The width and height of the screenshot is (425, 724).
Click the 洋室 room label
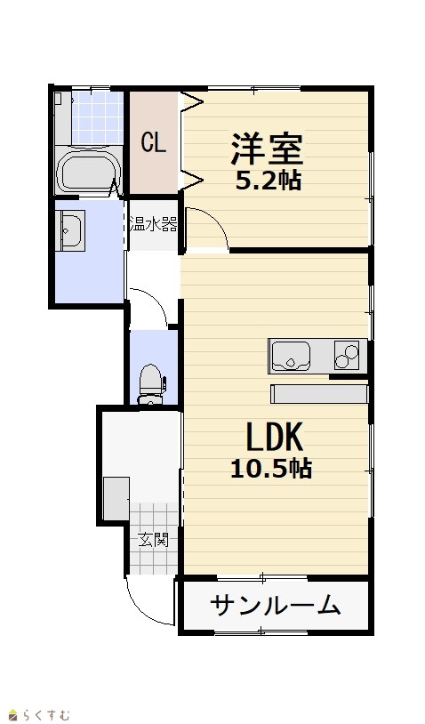(x=267, y=149)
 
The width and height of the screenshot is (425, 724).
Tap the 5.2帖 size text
(x=269, y=181)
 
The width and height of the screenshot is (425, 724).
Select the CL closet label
(x=153, y=142)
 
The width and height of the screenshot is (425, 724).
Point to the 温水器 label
(x=153, y=225)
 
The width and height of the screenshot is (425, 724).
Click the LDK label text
(x=275, y=437)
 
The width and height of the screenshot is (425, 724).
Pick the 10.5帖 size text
(x=271, y=468)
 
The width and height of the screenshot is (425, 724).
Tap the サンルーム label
(x=276, y=605)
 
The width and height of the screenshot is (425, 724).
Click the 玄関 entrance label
(x=153, y=539)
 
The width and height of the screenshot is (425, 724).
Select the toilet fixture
(x=152, y=383)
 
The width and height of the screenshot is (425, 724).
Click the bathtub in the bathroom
(x=88, y=173)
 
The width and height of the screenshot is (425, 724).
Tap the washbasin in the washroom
(x=70, y=230)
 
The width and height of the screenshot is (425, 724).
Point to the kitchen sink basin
(x=290, y=357)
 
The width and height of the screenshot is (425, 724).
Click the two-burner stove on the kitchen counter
(x=347, y=355)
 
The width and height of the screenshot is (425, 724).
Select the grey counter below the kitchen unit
(x=319, y=394)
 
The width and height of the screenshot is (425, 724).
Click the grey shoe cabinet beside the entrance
(x=116, y=499)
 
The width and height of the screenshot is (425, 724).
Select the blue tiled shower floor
(x=98, y=117)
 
